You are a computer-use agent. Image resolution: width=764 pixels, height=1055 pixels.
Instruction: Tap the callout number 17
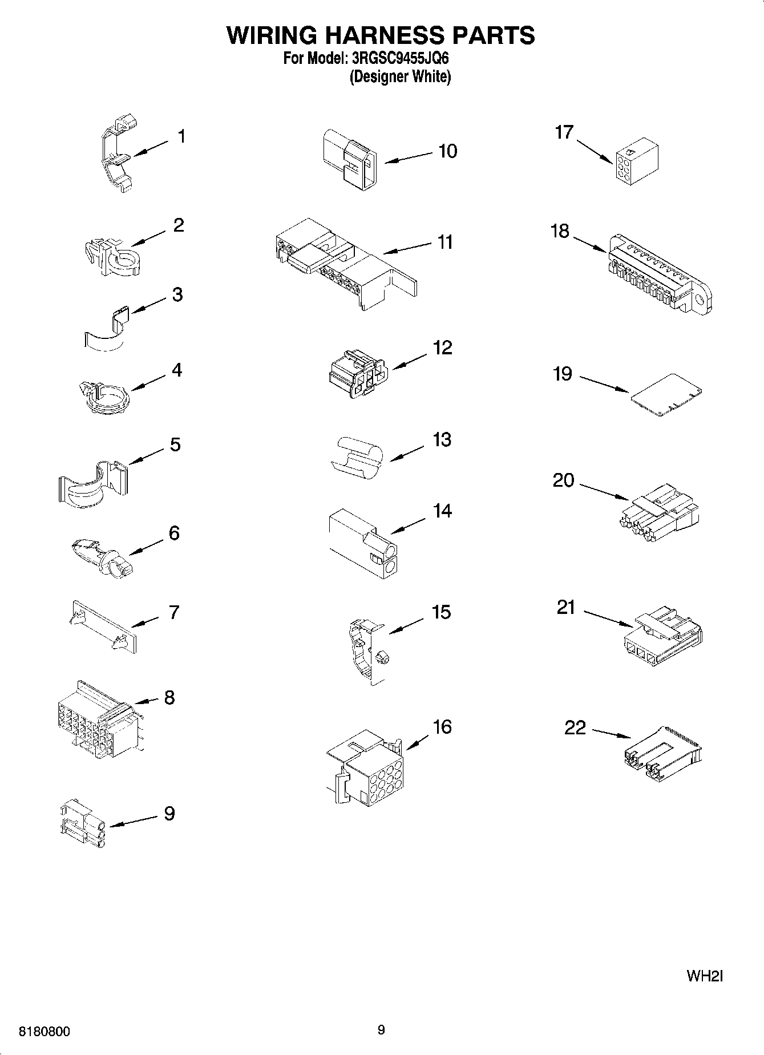click(564, 132)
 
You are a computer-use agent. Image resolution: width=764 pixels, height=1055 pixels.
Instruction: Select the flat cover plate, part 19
click(666, 395)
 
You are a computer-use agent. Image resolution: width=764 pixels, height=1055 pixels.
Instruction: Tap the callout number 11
click(444, 242)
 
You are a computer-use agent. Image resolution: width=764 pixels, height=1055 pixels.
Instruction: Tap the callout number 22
click(575, 728)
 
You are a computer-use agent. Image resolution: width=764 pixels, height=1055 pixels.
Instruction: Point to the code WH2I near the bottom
click(705, 976)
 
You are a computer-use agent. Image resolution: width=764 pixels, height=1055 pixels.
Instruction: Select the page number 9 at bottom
click(381, 1030)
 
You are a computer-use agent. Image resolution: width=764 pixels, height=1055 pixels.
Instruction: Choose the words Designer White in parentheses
click(400, 77)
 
